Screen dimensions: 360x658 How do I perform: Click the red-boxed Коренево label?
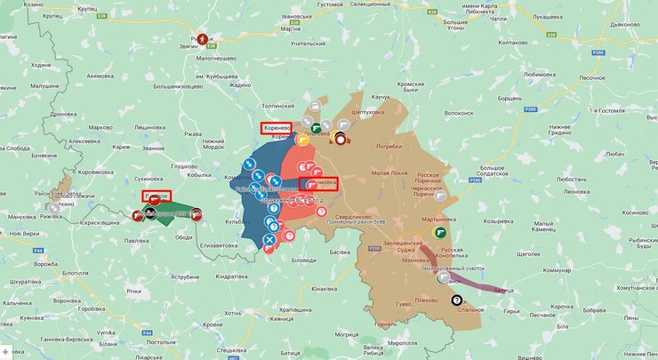(x=276, y=128)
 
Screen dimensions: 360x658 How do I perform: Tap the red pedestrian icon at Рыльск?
(x=204, y=39)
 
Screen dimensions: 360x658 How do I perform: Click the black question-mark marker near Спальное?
(x=457, y=300)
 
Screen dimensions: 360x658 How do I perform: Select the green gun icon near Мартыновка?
(x=438, y=232)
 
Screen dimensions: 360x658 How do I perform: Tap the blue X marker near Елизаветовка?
(x=269, y=239)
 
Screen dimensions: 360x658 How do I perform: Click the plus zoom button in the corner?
(x=6, y=352)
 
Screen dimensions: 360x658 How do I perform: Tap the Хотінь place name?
(x=232, y=313)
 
